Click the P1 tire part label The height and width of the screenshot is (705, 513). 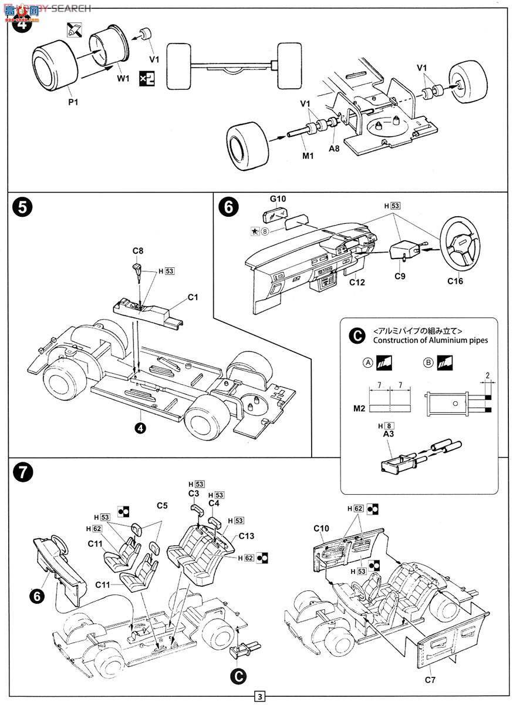pyautogui.click(x=73, y=102)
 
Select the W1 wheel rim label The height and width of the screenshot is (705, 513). pyautogui.click(x=123, y=79)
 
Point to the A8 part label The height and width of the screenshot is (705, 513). pyautogui.click(x=334, y=149)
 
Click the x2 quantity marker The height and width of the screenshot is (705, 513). pyautogui.click(x=147, y=78)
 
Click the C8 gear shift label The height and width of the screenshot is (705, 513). pyautogui.click(x=137, y=251)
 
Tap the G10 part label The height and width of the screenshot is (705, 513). pyautogui.click(x=278, y=199)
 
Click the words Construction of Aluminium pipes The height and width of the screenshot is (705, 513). pyautogui.click(x=430, y=340)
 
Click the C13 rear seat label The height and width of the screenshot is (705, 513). pyautogui.click(x=247, y=536)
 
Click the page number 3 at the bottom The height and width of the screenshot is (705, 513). pyautogui.click(x=259, y=697)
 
